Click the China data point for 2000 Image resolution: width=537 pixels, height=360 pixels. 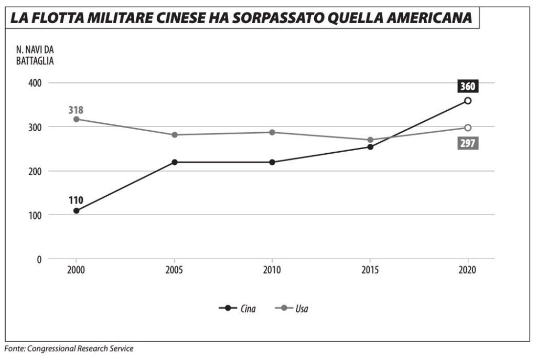coord(77,210)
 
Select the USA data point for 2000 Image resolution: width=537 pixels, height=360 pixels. coord(77,119)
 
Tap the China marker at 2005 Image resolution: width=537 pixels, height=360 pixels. coord(174,162)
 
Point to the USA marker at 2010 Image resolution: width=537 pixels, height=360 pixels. coord(272,132)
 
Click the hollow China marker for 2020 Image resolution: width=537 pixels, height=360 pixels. coord(468,101)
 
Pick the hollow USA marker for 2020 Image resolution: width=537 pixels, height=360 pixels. coord(468,128)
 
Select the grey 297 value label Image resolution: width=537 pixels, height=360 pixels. coord(467,143)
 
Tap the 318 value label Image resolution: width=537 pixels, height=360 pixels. coord(76,110)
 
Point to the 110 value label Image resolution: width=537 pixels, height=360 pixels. coord(76,200)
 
